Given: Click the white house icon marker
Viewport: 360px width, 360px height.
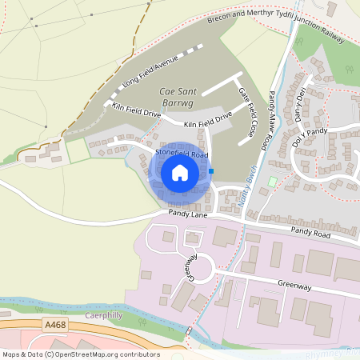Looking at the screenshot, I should tap(180, 173).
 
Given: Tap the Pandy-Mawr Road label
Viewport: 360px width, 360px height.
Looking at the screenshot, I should tap(277, 113).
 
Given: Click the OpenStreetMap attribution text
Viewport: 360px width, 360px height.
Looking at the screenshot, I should tap(81, 354).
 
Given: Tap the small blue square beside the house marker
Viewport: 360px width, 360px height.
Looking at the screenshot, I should tap(211, 170).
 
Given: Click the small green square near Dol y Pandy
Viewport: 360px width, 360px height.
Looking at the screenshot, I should tap(272, 182).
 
